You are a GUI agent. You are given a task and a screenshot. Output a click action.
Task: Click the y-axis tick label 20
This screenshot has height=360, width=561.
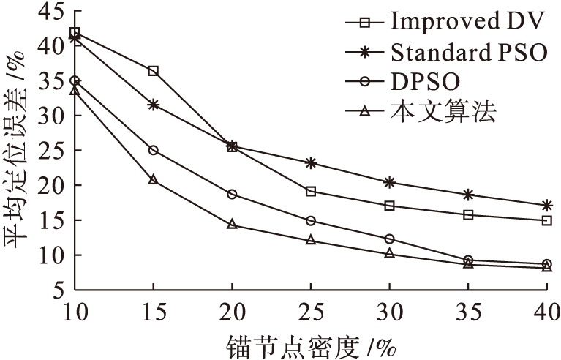[53, 185]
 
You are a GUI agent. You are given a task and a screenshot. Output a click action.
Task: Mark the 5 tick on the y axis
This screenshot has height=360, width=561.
[58, 290]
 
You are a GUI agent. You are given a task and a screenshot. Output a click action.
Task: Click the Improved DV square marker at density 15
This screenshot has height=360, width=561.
[153, 71]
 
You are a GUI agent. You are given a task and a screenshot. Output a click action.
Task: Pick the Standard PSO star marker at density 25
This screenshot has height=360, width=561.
[311, 162]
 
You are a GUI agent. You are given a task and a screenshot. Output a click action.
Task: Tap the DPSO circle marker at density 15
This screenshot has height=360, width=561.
[153, 150]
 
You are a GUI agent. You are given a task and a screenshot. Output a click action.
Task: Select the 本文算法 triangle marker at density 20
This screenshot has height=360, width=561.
[232, 224]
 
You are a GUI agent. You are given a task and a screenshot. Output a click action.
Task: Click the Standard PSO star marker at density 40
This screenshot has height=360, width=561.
[546, 206]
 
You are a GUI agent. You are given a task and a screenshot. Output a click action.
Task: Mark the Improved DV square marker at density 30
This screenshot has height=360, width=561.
[389, 206]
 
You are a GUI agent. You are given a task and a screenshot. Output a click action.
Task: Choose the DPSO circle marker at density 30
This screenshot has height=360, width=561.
[389, 239]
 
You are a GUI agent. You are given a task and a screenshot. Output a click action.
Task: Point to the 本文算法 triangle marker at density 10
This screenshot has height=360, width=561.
[75, 90]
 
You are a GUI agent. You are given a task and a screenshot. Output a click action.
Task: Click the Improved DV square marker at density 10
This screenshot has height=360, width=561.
[75, 32]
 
